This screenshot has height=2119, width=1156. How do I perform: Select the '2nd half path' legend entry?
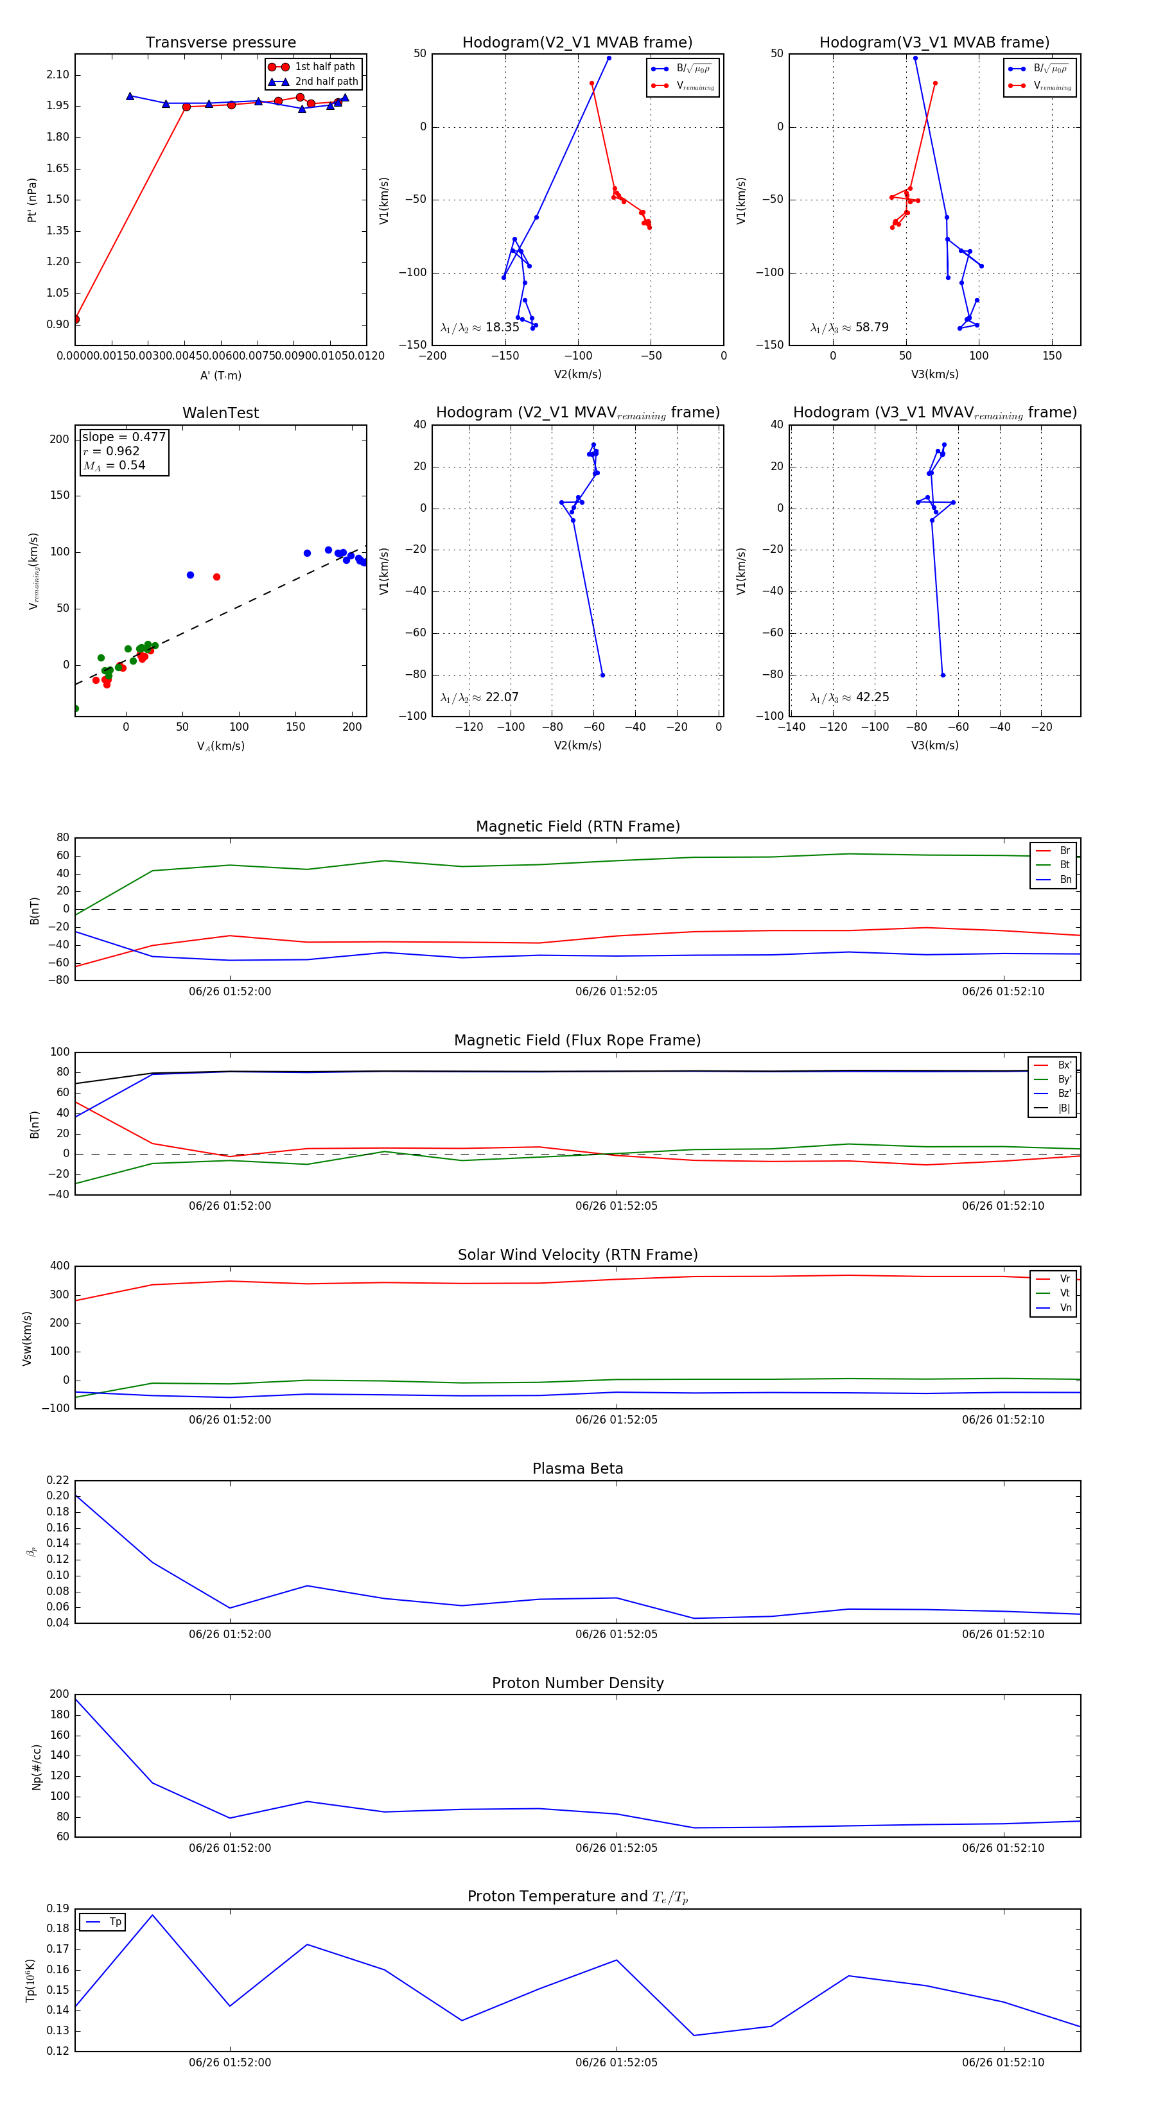click(326, 82)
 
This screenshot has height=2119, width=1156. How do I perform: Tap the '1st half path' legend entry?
click(324, 67)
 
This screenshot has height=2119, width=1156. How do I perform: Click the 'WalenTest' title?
click(220, 413)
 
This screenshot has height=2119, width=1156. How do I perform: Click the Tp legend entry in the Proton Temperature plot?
click(114, 1922)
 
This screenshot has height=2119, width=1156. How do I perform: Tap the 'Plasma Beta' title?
click(577, 1469)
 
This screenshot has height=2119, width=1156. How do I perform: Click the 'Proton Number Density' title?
click(577, 1682)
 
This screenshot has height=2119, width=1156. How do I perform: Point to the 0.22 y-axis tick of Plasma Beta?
click(58, 1480)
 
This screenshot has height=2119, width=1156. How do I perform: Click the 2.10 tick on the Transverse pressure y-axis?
click(58, 75)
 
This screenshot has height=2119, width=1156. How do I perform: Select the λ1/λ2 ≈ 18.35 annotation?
click(480, 327)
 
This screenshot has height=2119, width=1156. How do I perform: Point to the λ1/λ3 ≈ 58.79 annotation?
click(849, 327)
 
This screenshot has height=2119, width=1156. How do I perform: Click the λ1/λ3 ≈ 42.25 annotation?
click(849, 697)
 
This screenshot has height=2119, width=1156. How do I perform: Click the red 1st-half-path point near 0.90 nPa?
click(76, 319)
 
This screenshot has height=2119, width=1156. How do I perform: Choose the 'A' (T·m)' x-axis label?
click(220, 375)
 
